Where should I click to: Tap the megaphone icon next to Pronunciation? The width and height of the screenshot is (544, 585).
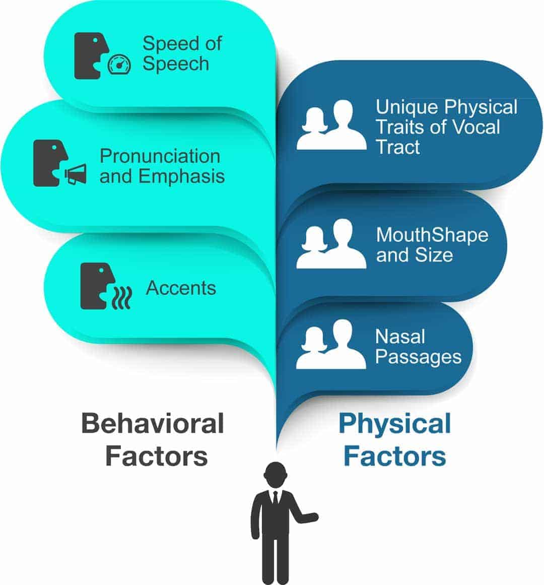76,174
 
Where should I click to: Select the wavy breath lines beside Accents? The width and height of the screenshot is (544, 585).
122,297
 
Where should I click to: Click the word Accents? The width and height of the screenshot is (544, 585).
181,288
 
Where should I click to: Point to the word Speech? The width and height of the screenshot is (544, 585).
176,64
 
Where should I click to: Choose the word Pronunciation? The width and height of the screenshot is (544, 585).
160,156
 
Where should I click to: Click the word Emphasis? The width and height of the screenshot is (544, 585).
181,176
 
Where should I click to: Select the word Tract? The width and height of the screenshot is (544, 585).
398,147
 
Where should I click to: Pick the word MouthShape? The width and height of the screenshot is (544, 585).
432,235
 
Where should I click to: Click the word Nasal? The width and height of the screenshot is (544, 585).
400,337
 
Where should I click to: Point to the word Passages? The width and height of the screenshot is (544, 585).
419,357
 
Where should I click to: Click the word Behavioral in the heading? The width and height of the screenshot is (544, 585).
153,423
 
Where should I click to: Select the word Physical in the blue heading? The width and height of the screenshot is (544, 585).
395,424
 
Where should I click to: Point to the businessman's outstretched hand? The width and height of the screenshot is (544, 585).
312,517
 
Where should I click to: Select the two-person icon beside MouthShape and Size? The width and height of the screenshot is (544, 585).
331,244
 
